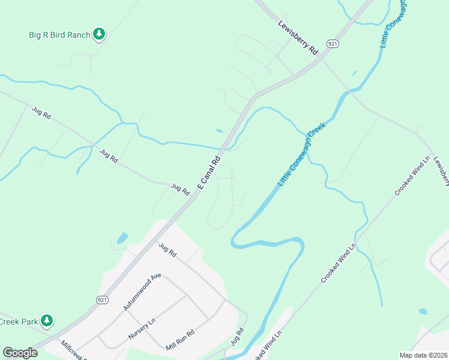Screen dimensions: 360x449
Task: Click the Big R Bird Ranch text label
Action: pos(59,35)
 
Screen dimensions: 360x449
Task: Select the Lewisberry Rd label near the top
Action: pos(298,38)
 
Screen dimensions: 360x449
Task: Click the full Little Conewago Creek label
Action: pos(306,155)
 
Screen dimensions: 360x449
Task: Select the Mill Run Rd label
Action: pos(181,340)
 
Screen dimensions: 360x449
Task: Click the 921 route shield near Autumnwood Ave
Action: pos(101,299)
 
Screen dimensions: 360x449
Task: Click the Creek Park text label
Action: pos(18,322)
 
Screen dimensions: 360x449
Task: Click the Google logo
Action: pos(20,353)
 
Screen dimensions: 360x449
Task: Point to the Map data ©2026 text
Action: pos(423,355)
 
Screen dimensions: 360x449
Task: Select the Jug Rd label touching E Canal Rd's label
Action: pos(180,189)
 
